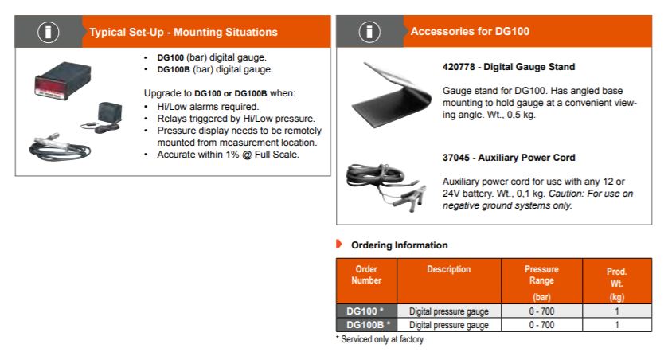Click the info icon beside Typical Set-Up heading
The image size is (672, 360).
(x=48, y=32)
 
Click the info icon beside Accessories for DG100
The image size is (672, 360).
(x=369, y=32)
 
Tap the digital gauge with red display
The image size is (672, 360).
(x=63, y=80)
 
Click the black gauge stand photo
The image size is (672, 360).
(x=391, y=95)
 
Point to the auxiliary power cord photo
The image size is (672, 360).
(x=386, y=186)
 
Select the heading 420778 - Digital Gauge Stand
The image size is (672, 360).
(x=509, y=67)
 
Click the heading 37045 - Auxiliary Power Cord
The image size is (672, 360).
(x=509, y=158)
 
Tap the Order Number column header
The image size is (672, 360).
(x=366, y=275)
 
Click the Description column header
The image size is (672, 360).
(x=449, y=269)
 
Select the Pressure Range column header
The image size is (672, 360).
(x=541, y=283)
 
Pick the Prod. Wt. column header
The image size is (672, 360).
(x=617, y=284)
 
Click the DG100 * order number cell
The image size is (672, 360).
(x=366, y=311)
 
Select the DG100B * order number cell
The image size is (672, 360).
(x=366, y=325)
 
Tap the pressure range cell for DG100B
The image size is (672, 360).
(x=541, y=325)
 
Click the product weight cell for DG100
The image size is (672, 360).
(x=617, y=311)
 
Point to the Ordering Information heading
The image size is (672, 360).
(x=400, y=245)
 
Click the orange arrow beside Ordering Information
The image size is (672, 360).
(x=339, y=245)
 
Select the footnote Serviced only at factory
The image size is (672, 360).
(x=381, y=339)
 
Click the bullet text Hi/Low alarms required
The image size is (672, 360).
(x=208, y=106)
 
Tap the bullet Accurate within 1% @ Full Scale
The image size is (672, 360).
(x=228, y=155)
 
